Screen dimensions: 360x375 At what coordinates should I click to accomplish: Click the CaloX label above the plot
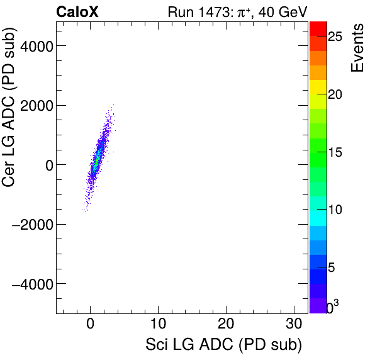tap(76, 12)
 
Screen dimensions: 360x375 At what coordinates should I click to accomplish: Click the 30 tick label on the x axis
tap(294, 325)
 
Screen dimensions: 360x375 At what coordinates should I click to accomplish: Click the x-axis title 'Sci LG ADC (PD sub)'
tap(223, 345)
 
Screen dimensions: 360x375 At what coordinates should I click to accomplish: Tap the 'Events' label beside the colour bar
tap(357, 48)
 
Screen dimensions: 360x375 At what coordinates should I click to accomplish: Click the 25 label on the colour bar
tap(335, 37)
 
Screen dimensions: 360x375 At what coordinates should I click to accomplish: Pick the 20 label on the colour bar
tap(335, 94)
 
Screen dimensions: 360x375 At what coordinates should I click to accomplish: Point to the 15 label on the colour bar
tap(335, 152)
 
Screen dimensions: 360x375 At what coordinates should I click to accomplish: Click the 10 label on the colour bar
tap(335, 210)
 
